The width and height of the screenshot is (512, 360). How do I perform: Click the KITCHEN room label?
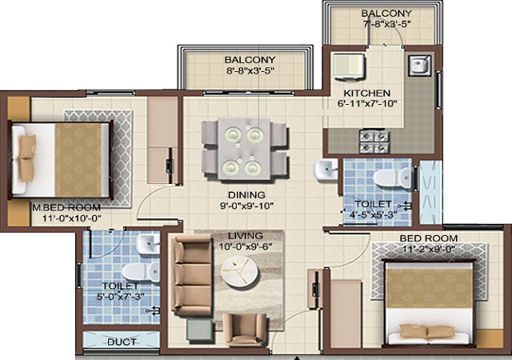click(366, 93)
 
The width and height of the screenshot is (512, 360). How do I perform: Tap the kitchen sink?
click(420, 65)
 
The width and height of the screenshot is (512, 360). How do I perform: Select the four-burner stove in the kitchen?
click(374, 141)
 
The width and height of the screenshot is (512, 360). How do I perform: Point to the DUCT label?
click(122, 342)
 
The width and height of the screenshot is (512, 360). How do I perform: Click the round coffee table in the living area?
click(240, 273)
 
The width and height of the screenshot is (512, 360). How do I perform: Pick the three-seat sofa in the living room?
click(192, 275)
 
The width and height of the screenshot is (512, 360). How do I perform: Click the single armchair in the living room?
click(245, 330)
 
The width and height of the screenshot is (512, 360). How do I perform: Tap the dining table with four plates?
click(244, 149)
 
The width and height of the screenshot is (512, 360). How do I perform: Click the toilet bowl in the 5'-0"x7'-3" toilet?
click(141, 271)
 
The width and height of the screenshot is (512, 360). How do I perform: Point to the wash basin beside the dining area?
click(326, 170)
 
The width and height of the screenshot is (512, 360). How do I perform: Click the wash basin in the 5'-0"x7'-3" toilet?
click(148, 244)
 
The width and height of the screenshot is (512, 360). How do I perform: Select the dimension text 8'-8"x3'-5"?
click(250, 70)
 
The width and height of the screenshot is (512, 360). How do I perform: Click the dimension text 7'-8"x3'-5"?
click(386, 24)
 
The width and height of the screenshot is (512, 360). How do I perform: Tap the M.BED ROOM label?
click(66, 207)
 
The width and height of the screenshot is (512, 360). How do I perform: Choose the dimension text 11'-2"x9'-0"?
click(429, 250)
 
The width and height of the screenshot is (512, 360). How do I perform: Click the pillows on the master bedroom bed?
click(27, 158)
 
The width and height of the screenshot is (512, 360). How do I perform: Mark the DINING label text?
click(246, 195)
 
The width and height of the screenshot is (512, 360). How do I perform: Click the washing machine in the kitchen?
click(349, 66)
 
